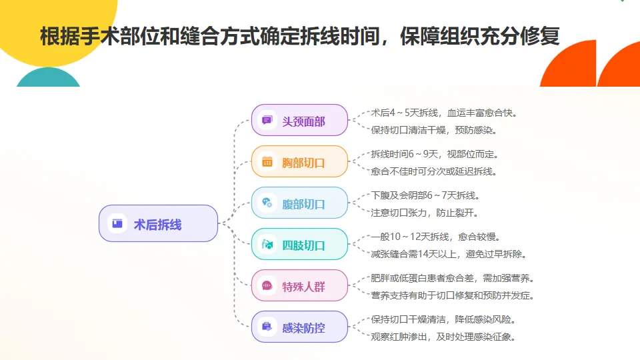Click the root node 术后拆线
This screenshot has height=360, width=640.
[159, 223]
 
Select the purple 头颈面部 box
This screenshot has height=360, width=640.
[299, 120]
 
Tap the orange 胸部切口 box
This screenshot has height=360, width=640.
[299, 161]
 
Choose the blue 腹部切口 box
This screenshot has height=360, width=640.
[299, 203]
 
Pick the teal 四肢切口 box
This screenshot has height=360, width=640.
[299, 244]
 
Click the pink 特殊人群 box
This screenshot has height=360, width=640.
[299, 285]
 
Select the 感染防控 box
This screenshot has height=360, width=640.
[299, 327]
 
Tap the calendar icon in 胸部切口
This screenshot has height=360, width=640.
[267, 161]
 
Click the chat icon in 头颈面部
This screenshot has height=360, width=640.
[267, 120]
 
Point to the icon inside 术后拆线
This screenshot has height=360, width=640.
[117, 223]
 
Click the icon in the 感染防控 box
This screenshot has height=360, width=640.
[267, 327]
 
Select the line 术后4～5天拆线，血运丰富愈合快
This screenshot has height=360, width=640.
[444, 113]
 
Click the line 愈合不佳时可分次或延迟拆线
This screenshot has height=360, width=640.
[434, 171]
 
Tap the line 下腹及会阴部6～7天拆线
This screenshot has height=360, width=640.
[425, 195]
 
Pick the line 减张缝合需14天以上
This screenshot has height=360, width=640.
[413, 254]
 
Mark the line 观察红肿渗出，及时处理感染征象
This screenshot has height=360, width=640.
[443, 337]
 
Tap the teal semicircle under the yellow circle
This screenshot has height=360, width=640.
[48, 77]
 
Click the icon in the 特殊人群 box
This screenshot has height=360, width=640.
[267, 285]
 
